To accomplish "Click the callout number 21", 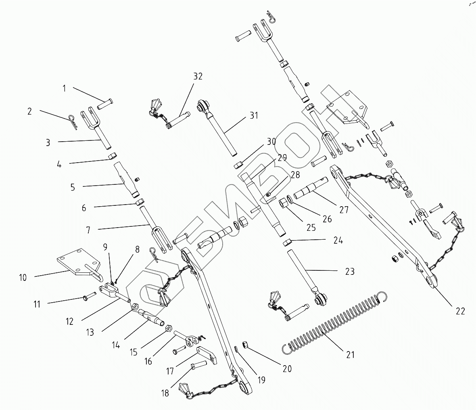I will (350, 355).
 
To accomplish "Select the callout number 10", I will (23, 277).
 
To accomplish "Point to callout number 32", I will (198, 76).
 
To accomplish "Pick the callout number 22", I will (460, 311).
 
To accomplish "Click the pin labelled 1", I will (106, 104).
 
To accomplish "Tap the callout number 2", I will (29, 111).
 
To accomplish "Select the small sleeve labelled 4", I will (112, 156).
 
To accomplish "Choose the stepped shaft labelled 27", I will (313, 189).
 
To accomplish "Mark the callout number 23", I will (349, 272).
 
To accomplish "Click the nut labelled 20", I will (244, 344).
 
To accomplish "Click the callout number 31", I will (253, 115).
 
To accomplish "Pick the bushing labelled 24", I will (288, 243).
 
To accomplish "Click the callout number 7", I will (88, 230).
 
